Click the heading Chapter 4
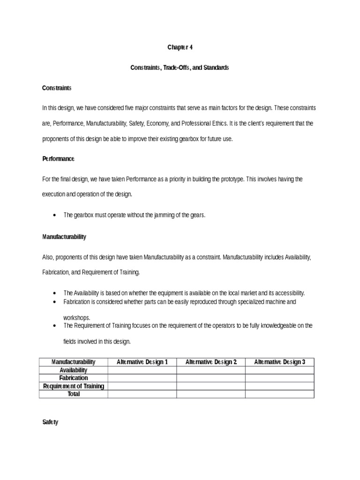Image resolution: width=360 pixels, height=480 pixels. [x=180, y=47]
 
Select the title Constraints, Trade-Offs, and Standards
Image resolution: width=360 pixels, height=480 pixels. [x=180, y=68]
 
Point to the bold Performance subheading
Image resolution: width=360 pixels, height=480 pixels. [x=58, y=159]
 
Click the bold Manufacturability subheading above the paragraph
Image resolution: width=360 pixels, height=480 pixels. [x=64, y=237]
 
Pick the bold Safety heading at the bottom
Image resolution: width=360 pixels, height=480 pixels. [x=50, y=422]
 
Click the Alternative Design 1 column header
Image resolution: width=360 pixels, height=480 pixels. [x=142, y=362]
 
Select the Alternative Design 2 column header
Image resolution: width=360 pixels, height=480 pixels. [x=211, y=362]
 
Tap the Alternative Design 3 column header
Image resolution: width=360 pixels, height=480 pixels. [x=279, y=362]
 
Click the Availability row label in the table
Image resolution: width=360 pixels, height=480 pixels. [x=73, y=370]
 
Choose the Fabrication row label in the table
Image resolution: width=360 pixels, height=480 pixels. [x=73, y=378]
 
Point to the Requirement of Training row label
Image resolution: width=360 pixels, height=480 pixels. [x=73, y=386]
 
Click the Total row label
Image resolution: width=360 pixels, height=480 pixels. [x=73, y=394]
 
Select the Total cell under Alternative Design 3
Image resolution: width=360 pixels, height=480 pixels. [x=279, y=394]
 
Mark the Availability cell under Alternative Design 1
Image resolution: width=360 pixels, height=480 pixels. [x=142, y=370]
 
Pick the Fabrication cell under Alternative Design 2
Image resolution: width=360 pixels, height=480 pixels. [x=211, y=378]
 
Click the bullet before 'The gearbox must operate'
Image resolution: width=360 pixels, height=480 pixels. [x=56, y=215]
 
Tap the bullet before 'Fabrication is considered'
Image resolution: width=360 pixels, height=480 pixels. [x=56, y=302]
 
